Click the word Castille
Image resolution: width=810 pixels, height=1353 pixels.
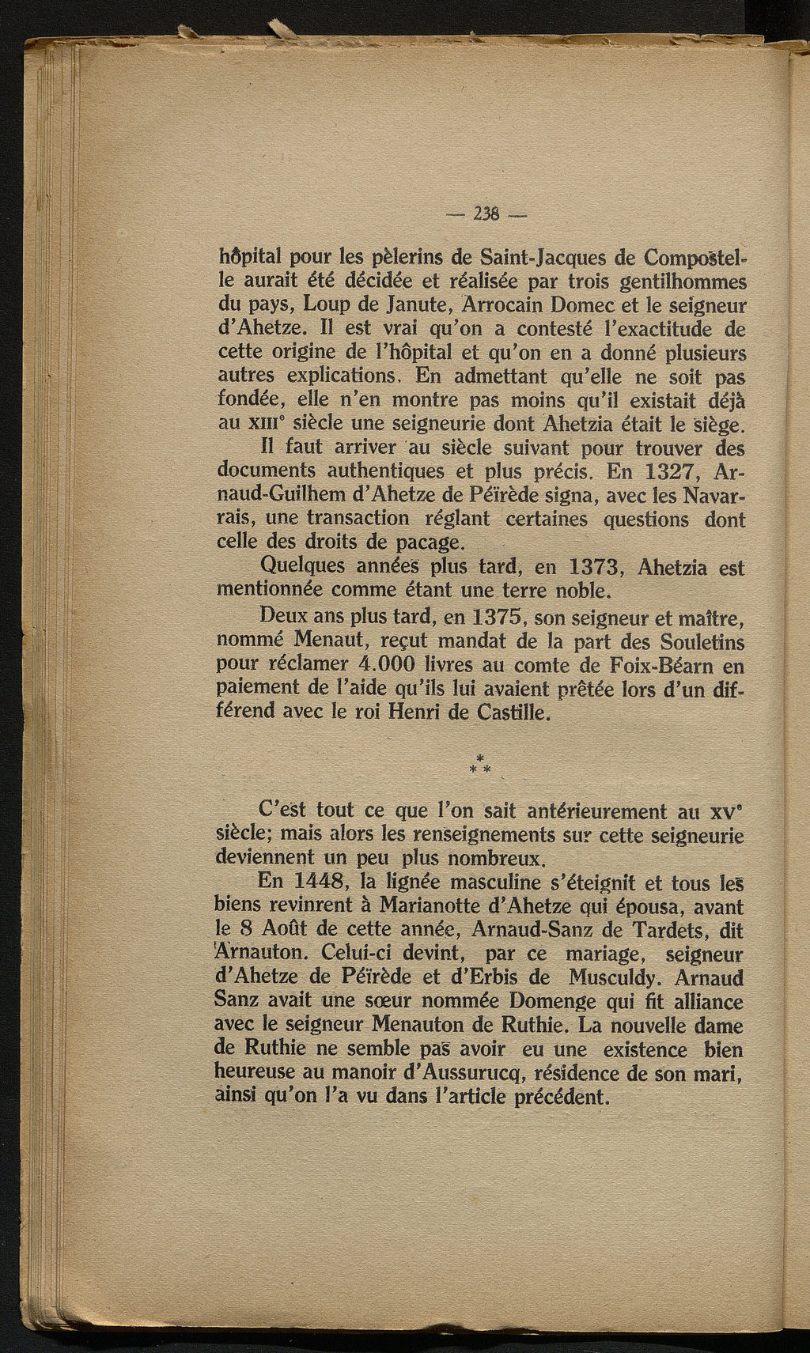[512, 712]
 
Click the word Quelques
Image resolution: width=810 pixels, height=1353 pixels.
[308, 568]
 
